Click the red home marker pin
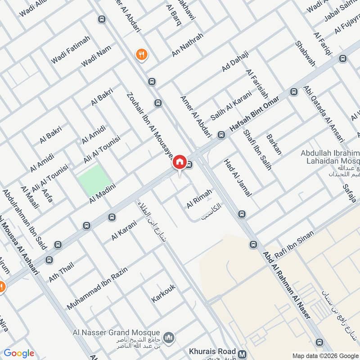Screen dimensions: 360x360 (180, 162)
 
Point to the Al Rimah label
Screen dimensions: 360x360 (199, 198)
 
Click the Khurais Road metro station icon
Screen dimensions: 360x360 (243, 354)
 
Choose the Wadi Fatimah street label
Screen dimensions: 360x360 (71, 49)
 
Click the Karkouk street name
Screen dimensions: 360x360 (163, 293)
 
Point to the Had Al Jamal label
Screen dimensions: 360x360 (238, 178)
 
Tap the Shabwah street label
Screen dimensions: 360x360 (305, 54)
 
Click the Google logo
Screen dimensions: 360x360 (19, 353)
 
